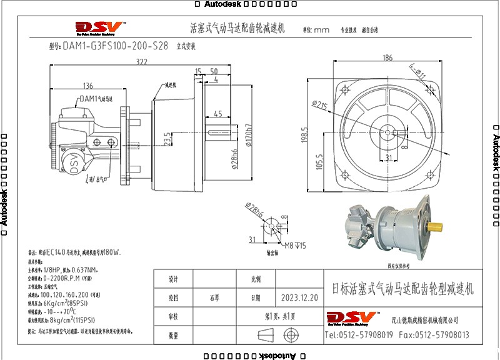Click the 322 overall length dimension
tap(142, 62)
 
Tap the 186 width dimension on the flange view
tap(387, 58)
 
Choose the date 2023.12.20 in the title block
tap(299, 298)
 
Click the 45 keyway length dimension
tap(218, 114)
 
